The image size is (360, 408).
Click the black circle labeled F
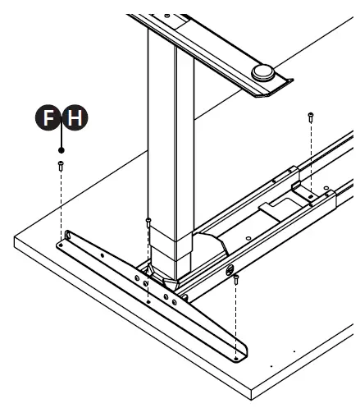[x=49, y=120]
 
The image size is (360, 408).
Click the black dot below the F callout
[x=62, y=149]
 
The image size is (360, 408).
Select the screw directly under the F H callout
[x=62, y=166]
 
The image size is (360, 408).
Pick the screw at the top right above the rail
[x=311, y=117]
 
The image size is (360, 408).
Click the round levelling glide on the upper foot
[x=263, y=72]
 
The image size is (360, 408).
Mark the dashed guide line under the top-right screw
[x=311, y=156]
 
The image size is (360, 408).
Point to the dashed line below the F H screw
[x=62, y=205]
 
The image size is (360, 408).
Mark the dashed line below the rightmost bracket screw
[x=236, y=320]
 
